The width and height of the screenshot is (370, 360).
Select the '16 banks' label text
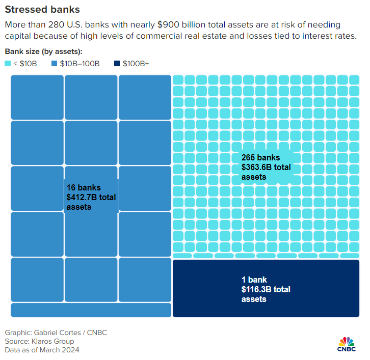tap(84, 187)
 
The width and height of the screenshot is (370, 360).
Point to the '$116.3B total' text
tap(266, 289)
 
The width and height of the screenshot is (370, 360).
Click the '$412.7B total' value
tap(91, 197)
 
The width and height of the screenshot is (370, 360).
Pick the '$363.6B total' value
tap(266, 167)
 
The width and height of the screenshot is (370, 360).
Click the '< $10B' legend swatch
tap(8, 64)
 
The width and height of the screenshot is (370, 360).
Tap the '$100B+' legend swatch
tap(117, 64)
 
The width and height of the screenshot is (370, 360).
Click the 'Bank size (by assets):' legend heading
tap(43, 51)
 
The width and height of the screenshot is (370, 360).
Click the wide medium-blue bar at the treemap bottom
tap(91, 310)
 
